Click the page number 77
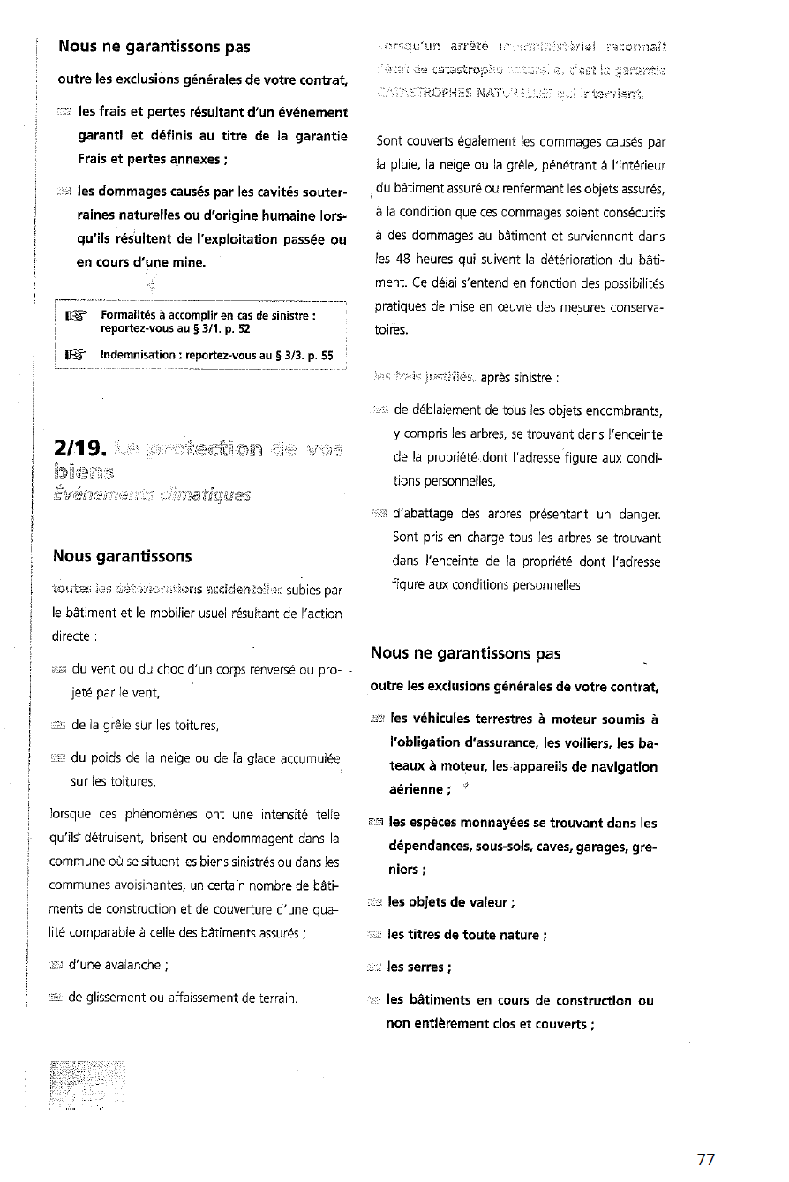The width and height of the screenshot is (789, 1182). (x=705, y=1160)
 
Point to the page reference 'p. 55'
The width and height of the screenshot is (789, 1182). (x=318, y=356)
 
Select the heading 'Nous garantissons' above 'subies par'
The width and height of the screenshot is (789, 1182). (x=122, y=555)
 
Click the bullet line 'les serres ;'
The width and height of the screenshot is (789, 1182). (x=419, y=967)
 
